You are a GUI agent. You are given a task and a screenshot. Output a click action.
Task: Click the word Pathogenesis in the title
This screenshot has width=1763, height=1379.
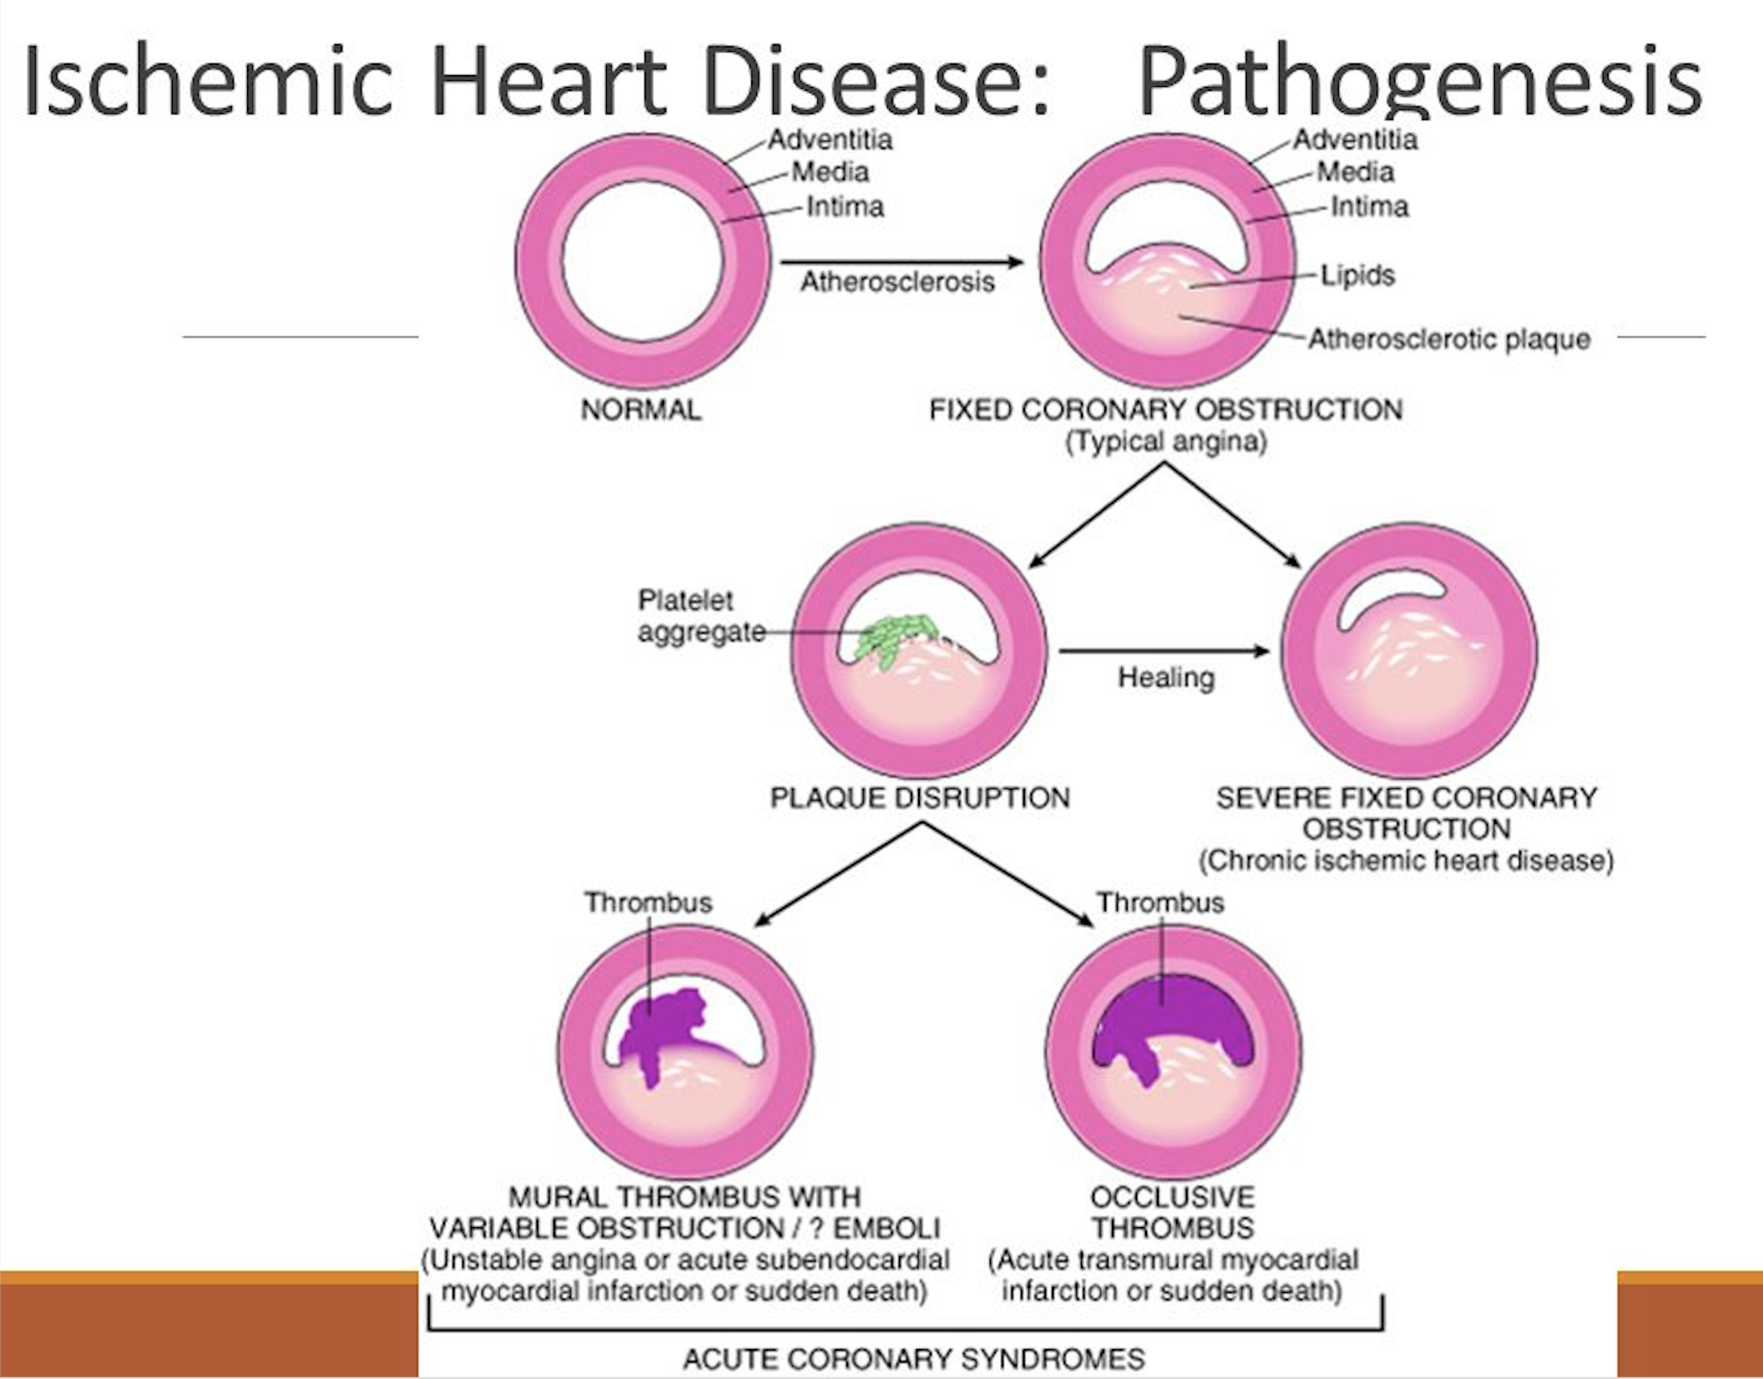pyautogui.click(x=1419, y=82)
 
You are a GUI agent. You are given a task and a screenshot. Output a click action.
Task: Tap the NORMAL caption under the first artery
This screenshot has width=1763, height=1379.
pyautogui.click(x=641, y=410)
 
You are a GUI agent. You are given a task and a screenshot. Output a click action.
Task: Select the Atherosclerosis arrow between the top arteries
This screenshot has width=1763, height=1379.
pyautogui.click(x=902, y=263)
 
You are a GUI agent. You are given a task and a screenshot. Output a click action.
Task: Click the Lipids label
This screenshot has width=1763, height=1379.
pyautogui.click(x=1357, y=275)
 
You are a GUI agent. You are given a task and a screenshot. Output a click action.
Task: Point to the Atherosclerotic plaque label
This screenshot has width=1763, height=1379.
pyautogui.click(x=1449, y=340)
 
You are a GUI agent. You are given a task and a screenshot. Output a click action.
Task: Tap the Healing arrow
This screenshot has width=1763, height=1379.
pyautogui.click(x=1164, y=651)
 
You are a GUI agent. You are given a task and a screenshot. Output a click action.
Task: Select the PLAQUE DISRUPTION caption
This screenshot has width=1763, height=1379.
pyautogui.click(x=919, y=798)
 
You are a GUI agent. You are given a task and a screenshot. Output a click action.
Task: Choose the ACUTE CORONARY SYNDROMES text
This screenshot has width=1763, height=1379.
pyautogui.click(x=914, y=1358)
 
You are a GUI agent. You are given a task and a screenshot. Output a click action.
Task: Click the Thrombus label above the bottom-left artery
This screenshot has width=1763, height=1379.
pyautogui.click(x=648, y=902)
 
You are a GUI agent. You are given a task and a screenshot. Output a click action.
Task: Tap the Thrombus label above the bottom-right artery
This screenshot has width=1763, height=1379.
pyautogui.click(x=1160, y=902)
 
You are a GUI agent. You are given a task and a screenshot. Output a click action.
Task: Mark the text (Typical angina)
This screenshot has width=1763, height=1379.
pyautogui.click(x=1166, y=441)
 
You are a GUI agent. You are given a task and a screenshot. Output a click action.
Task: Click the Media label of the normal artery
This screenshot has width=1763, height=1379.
pyautogui.click(x=830, y=172)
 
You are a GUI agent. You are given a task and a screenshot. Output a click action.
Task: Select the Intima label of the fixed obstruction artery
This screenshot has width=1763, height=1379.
pyautogui.click(x=1369, y=206)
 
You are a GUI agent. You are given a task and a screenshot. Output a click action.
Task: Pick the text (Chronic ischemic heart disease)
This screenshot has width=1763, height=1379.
pyautogui.click(x=1407, y=861)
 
